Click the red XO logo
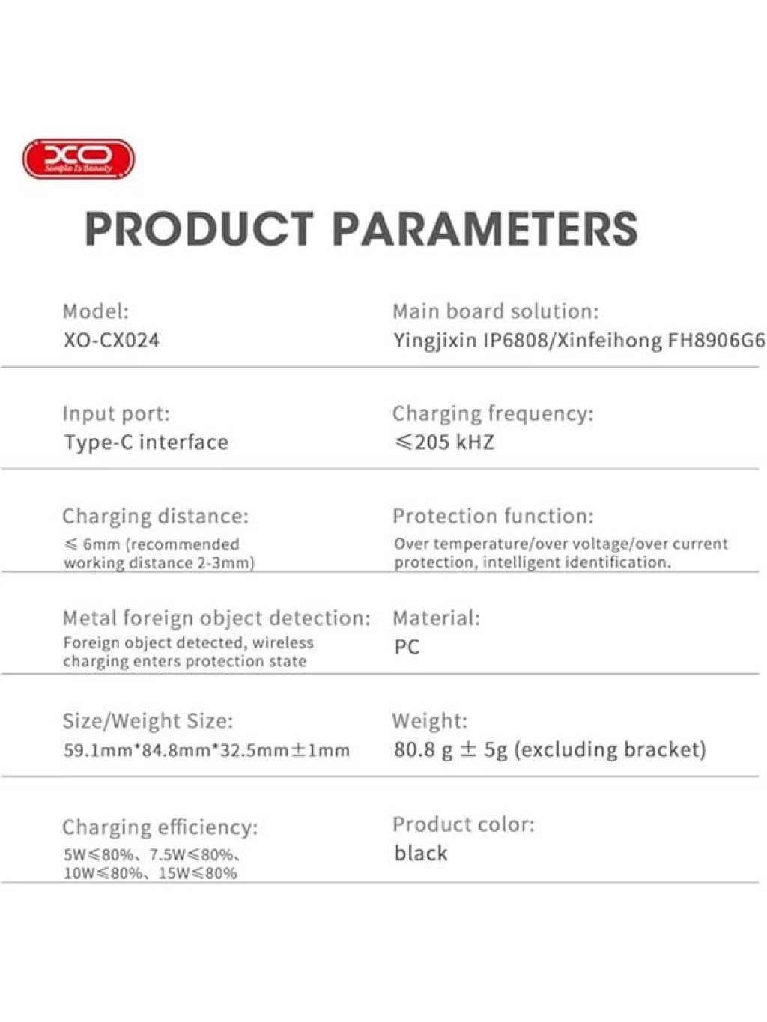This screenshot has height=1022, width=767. [x=79, y=159]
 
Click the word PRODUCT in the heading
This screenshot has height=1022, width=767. [x=199, y=228]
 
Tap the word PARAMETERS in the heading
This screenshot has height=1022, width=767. [x=485, y=228]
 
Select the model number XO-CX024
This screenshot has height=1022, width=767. [x=112, y=341]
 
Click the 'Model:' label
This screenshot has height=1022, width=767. [x=95, y=311]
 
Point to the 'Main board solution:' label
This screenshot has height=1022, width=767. [x=496, y=311]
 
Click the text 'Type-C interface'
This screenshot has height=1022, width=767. [x=146, y=442]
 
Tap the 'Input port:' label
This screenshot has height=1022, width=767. [x=116, y=414]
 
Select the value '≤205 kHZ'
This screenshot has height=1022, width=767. [x=444, y=442]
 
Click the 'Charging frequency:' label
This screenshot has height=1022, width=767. [x=493, y=414]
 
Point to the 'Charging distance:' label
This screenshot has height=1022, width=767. [x=156, y=517]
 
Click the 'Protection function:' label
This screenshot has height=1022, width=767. [x=493, y=516]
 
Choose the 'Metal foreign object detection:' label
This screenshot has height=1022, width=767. [x=216, y=618]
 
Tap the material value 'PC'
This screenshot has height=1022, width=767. [x=407, y=646]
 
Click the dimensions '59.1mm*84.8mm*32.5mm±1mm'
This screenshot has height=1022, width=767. [x=206, y=750]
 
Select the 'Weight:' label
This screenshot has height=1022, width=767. [x=430, y=721]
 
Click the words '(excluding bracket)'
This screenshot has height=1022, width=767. [x=610, y=749]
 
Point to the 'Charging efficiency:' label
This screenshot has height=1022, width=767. [x=160, y=827]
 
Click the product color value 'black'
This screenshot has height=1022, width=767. [x=420, y=853]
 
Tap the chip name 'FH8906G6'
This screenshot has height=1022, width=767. [x=716, y=341]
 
